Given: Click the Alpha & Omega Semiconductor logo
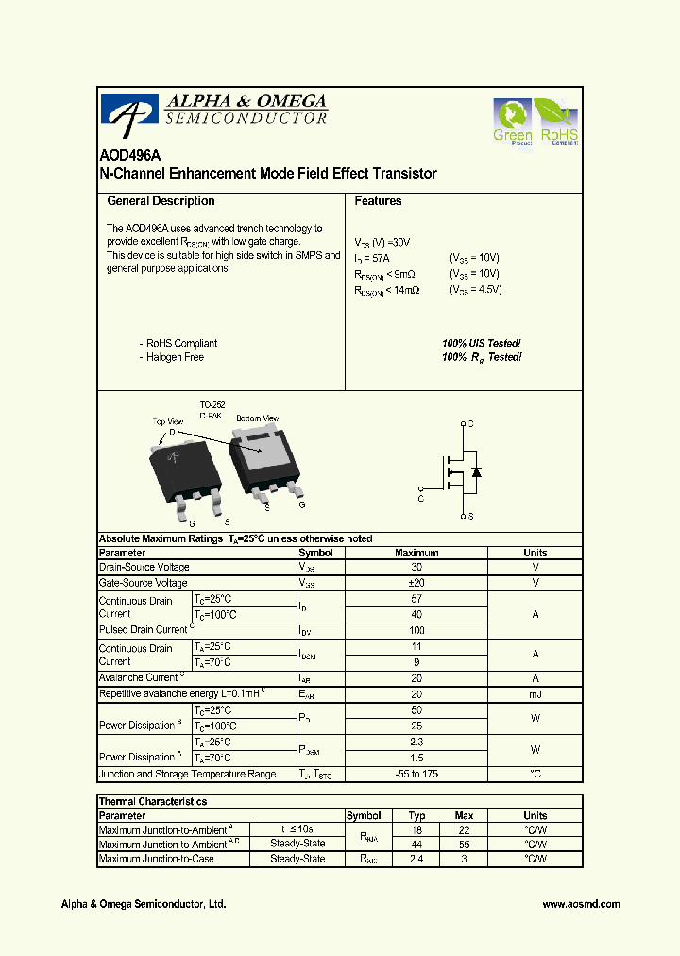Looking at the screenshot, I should [x=215, y=112].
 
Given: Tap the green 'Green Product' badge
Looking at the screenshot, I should [x=513, y=123].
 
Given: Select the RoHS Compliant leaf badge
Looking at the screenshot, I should [x=556, y=122].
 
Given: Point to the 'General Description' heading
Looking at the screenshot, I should [x=161, y=201].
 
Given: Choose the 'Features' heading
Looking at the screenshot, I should [x=378, y=201].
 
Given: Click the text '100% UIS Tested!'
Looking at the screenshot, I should [x=481, y=344].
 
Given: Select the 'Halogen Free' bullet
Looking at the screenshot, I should [x=174, y=358].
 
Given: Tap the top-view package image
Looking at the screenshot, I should [x=186, y=469].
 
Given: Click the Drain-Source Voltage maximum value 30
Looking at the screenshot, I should [x=416, y=568].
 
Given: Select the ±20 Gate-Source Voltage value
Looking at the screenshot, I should [x=416, y=584].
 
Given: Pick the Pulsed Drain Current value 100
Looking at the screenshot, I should [x=416, y=630].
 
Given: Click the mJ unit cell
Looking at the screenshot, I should [x=535, y=694].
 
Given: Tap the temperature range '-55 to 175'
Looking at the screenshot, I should [x=416, y=775].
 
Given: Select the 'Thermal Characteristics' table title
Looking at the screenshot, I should [x=153, y=802].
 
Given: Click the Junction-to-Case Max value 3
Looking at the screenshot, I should [x=464, y=860].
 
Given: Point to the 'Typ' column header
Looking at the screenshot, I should [x=416, y=816].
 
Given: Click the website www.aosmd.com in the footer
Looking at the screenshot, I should [x=581, y=904].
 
